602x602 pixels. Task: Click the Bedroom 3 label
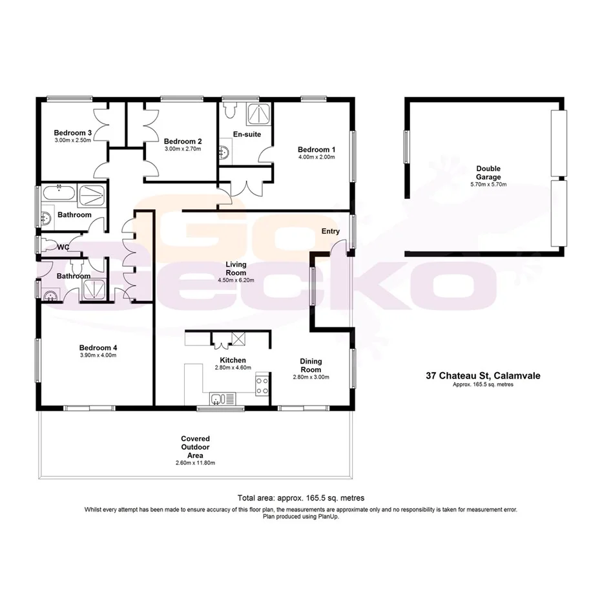point(72,132)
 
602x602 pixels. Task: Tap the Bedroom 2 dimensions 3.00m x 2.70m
point(183,149)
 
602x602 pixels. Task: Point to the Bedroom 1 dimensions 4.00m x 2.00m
point(317,156)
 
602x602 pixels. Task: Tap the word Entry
point(330,231)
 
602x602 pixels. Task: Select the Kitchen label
point(233,360)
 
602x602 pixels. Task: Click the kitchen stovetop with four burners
point(263,386)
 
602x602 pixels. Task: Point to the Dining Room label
point(311,366)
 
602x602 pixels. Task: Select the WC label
point(63,247)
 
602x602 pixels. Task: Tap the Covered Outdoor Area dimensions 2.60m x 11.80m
point(194,463)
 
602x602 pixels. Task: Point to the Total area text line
point(301,498)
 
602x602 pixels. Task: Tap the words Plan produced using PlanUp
point(301,516)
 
